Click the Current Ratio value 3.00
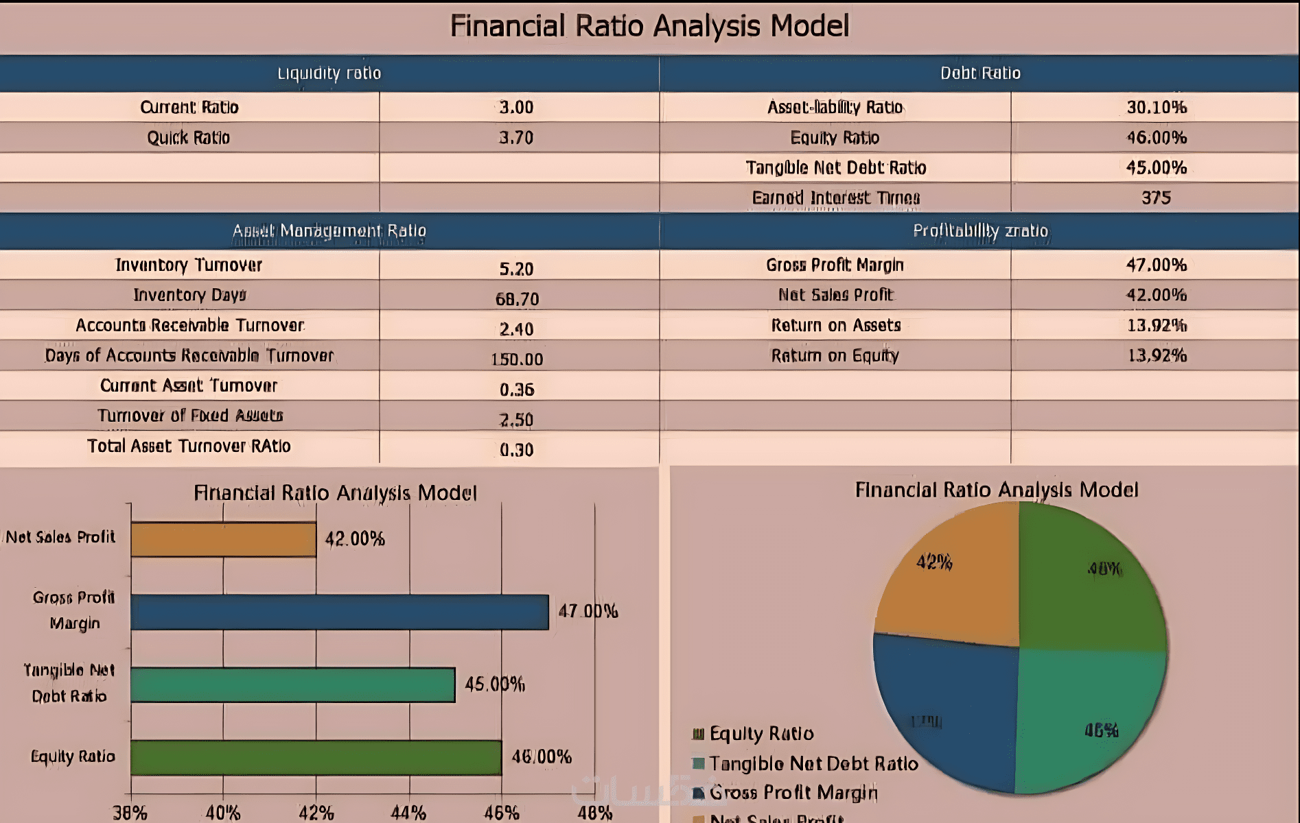click(x=516, y=108)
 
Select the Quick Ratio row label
click(x=189, y=138)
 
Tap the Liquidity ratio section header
click(x=329, y=73)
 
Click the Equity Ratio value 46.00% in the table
click(x=1157, y=138)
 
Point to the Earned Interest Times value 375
click(x=1156, y=198)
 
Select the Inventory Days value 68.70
click(x=517, y=299)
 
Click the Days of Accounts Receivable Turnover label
click(x=189, y=355)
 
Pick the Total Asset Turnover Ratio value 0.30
click(x=516, y=450)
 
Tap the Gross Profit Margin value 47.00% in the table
click(x=1157, y=265)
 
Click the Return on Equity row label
click(x=835, y=355)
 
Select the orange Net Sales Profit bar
click(x=223, y=540)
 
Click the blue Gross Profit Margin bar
click(x=340, y=612)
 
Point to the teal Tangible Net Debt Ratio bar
click(x=292, y=685)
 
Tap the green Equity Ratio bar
click(x=316, y=758)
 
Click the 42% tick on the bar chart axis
click(x=316, y=813)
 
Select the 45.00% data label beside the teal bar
click(x=495, y=684)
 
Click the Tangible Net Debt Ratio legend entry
click(x=813, y=763)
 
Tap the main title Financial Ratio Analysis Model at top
click(x=649, y=26)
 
